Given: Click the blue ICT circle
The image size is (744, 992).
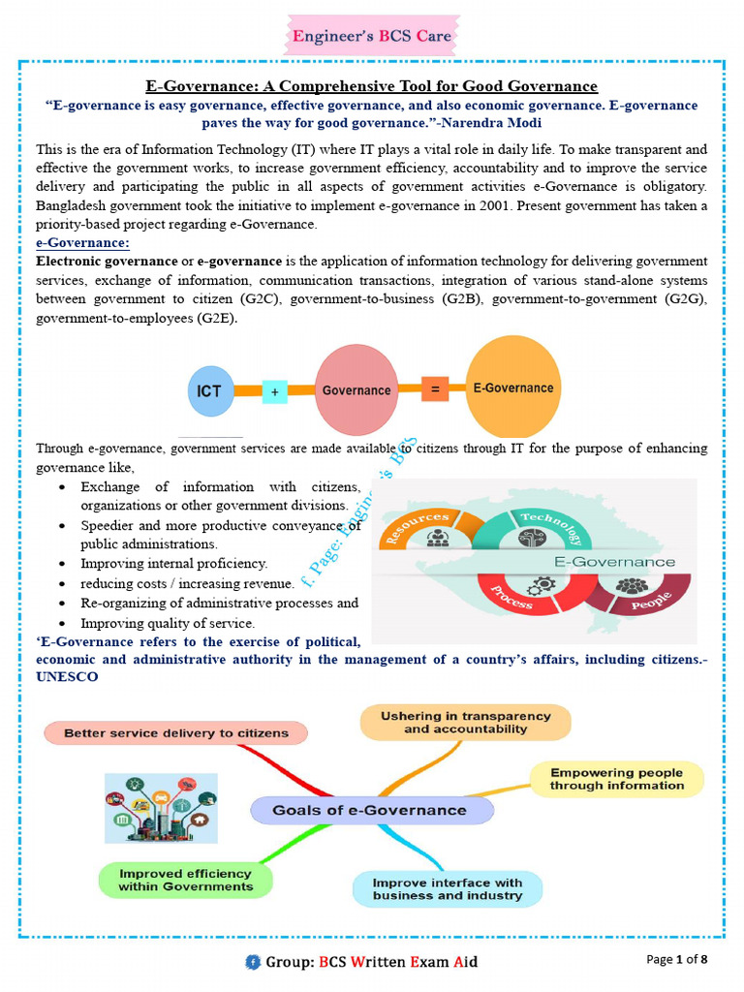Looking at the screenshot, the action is pyautogui.click(x=210, y=391).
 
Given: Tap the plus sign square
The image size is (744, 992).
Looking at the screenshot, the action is pyautogui.click(x=274, y=392).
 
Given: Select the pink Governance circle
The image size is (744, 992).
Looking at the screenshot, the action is pyautogui.click(x=356, y=389).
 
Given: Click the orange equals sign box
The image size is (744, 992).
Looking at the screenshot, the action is pyautogui.click(x=435, y=389).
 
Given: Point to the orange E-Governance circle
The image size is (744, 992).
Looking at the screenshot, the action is pyautogui.click(x=513, y=387).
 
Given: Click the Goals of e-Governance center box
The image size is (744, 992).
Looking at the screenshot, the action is pyautogui.click(x=371, y=810).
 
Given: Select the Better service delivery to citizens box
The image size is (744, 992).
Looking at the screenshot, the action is pyautogui.click(x=176, y=733).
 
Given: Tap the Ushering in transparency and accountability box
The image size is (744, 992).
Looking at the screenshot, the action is pyautogui.click(x=466, y=723).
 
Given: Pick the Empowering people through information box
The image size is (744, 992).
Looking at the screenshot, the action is pyautogui.click(x=617, y=779).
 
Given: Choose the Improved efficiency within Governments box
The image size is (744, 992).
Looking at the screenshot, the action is pyautogui.click(x=185, y=880).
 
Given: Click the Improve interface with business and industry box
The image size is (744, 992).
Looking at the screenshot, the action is pyautogui.click(x=448, y=889).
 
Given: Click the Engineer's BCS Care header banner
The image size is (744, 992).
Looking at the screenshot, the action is pyautogui.click(x=372, y=36).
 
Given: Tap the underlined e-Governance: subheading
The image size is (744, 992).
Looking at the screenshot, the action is pyautogui.click(x=82, y=243).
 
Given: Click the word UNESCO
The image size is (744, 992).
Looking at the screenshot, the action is pyautogui.click(x=67, y=677).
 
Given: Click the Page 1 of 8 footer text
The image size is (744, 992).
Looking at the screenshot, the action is pyautogui.click(x=676, y=960).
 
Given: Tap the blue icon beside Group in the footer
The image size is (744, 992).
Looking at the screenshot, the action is pyautogui.click(x=253, y=962).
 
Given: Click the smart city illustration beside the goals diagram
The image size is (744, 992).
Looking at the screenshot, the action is pyautogui.click(x=162, y=808).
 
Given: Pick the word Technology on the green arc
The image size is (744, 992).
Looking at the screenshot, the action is pyautogui.click(x=550, y=528).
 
